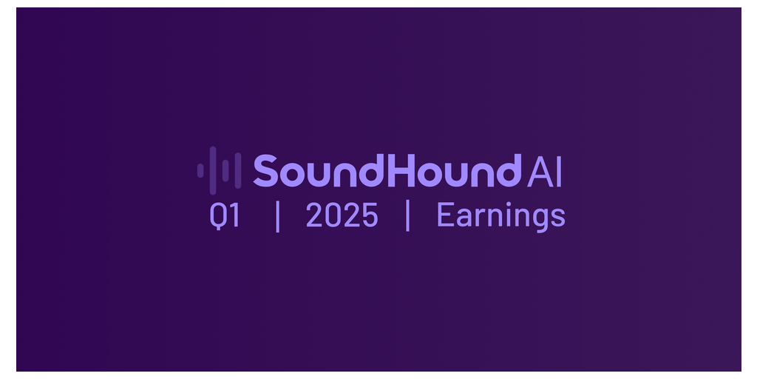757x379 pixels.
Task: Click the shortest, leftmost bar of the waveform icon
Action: pyautogui.click(x=200, y=171)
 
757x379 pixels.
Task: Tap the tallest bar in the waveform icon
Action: pyautogui.click(x=213, y=171)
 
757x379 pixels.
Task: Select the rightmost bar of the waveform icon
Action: pyautogui.click(x=238, y=171)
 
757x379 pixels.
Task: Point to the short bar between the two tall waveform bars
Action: pyautogui.click(x=225, y=171)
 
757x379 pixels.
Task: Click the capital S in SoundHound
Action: pyautogui.click(x=265, y=171)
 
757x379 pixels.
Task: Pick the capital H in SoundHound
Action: pyautogui.click(x=404, y=171)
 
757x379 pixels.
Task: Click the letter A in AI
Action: pyautogui.click(x=540, y=171)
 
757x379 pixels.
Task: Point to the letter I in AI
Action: pyautogui.click(x=559, y=171)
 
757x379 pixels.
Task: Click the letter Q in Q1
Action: pyautogui.click(x=218, y=215)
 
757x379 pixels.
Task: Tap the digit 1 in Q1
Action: pyautogui.click(x=234, y=215)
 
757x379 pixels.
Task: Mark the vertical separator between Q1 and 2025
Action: pyautogui.click(x=278, y=215)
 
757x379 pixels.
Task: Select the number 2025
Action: pyautogui.click(x=342, y=215)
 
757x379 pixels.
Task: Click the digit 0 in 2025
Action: pyautogui.click(x=333, y=215)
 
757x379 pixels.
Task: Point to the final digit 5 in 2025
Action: pyautogui.click(x=370, y=215)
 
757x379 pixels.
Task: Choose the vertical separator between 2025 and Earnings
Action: pyautogui.click(x=408, y=215)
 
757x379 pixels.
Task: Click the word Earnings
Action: pyautogui.click(x=501, y=217)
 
